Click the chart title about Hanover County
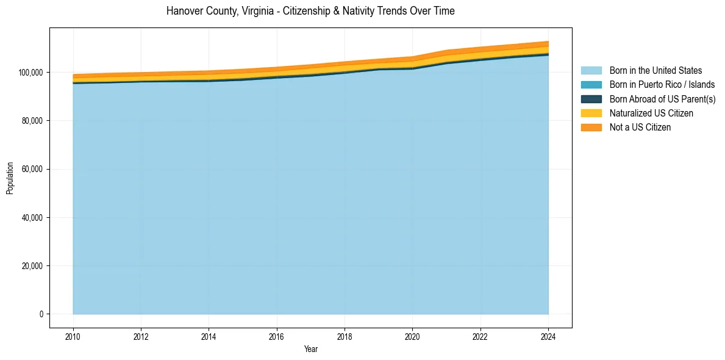(310, 11)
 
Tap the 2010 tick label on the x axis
(73, 336)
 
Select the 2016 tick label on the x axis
(277, 336)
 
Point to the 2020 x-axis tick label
(413, 336)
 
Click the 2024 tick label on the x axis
(548, 336)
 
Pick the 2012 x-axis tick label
(141, 336)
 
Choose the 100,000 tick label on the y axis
(31, 73)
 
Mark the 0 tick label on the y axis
(42, 314)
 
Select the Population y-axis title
(10, 178)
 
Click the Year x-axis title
(310, 350)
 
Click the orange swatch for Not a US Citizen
(591, 128)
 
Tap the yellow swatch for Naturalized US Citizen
(591, 113)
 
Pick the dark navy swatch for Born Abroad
(591, 99)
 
